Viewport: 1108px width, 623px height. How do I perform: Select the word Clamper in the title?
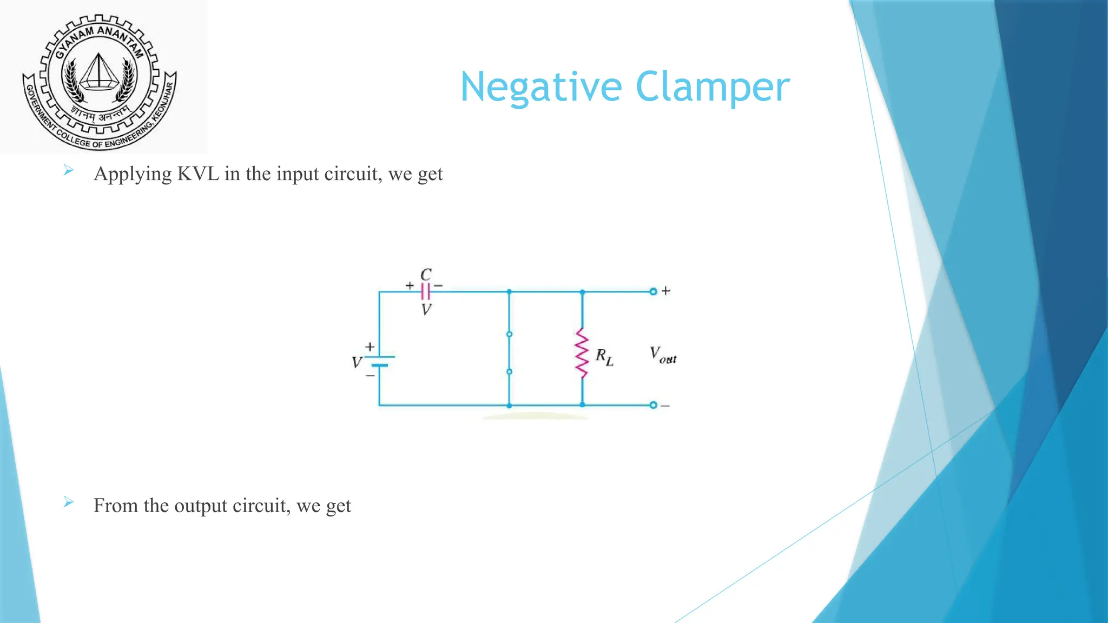[x=713, y=88]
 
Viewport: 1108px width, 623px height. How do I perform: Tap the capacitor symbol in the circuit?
[x=426, y=291]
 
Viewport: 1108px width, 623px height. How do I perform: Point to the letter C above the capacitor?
[x=426, y=275]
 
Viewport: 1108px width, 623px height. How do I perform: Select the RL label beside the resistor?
[x=604, y=357]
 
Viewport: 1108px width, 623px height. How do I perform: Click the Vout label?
[x=663, y=355]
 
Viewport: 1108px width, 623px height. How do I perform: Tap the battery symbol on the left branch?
[x=379, y=361]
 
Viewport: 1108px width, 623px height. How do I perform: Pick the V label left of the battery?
[x=357, y=362]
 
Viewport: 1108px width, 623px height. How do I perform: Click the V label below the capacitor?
[x=426, y=309]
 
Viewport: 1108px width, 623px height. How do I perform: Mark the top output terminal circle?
[x=653, y=291]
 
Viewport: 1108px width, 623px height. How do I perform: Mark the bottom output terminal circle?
[x=653, y=405]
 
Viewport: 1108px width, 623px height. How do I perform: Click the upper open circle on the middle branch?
[x=509, y=334]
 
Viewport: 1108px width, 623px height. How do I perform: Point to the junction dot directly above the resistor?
[x=582, y=291]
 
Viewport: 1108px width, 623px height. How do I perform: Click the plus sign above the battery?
[x=370, y=347]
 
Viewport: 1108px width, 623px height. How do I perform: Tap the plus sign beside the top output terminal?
[x=666, y=291]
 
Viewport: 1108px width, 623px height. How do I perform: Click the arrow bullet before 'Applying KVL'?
[x=68, y=171]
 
